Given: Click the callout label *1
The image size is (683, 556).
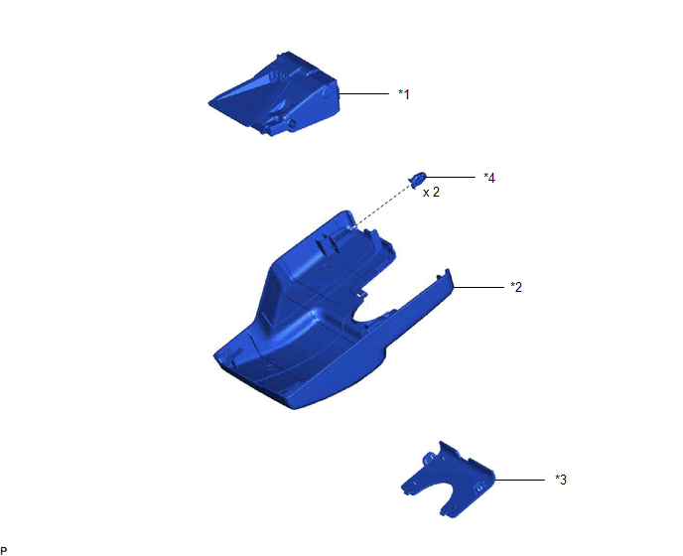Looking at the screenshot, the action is point(404,94).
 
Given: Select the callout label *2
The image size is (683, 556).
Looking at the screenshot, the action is point(516,287).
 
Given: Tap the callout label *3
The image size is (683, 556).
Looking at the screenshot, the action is point(561,480).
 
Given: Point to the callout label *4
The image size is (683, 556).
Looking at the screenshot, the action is point(489,178).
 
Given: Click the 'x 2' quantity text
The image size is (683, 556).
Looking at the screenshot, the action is point(431,193).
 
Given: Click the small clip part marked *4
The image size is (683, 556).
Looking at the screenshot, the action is point(417,178).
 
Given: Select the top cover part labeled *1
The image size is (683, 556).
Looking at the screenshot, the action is point(274,93).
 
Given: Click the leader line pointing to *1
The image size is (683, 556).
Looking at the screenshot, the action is point(363,93).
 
